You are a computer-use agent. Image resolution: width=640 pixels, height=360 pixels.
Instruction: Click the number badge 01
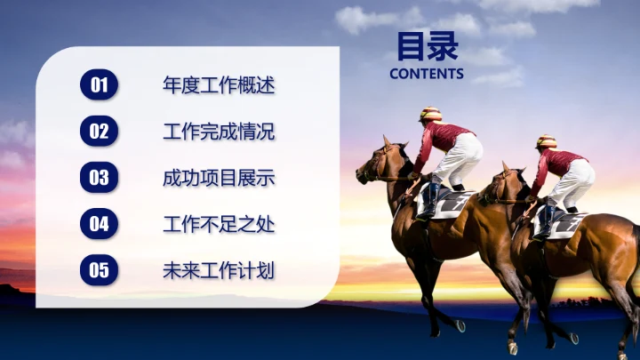pos(100,85)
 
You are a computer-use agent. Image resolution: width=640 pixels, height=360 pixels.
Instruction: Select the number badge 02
pos(100,132)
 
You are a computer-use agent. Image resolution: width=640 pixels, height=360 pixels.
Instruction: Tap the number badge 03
pos(100,178)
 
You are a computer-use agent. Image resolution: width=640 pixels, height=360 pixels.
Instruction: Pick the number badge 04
pos(100,224)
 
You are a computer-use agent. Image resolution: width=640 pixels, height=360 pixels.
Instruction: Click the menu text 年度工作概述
pos(219,86)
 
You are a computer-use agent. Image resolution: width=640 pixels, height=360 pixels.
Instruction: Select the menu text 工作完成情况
pos(219,132)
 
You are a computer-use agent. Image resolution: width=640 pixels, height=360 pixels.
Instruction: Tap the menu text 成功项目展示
pos(219,178)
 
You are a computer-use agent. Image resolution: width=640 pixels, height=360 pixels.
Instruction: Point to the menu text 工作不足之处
pos(219,224)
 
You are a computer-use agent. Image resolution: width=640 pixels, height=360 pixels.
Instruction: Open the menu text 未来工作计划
pos(219,270)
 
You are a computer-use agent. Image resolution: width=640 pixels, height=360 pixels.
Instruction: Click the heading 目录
pos(427,45)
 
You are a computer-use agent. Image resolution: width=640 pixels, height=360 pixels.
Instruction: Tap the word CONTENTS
pos(427,74)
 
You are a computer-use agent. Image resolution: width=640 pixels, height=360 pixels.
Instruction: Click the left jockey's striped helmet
pos(431,115)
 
